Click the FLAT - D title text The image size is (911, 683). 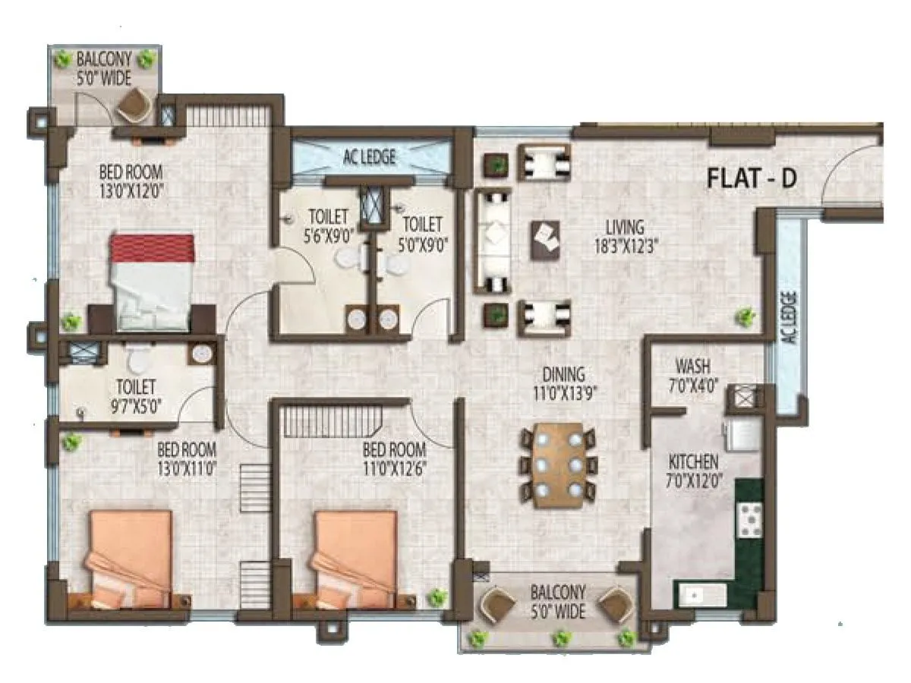click(755, 179)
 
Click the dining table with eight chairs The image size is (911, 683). click(560, 465)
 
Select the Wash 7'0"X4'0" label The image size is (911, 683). click(692, 373)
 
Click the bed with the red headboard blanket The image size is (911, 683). click(151, 281)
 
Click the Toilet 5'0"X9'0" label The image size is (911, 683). click(421, 233)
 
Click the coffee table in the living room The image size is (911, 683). click(545, 240)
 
